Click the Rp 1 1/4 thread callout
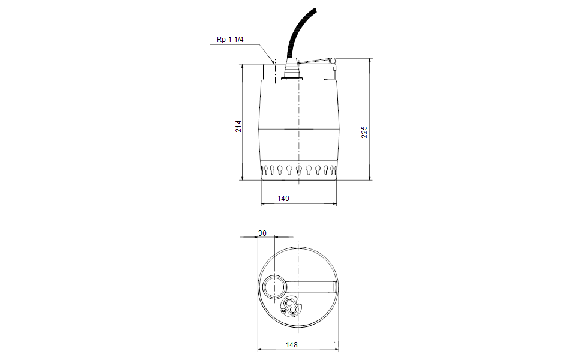(230, 39)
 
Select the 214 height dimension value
(238, 126)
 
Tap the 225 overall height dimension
(364, 132)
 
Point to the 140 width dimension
(283, 198)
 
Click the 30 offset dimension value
(262, 233)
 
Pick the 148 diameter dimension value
(292, 344)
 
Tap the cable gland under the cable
(292, 69)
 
